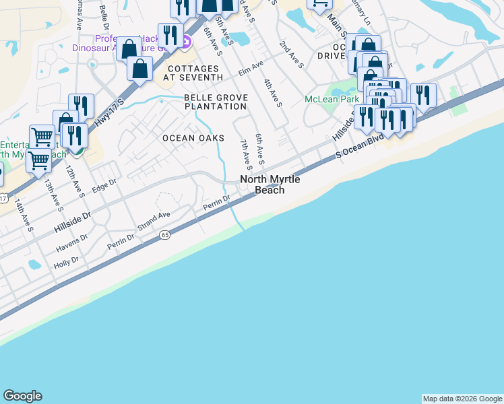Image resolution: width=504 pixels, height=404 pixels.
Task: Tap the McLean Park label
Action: (331, 98)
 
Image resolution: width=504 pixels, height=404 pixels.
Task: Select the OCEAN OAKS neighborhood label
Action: (193, 138)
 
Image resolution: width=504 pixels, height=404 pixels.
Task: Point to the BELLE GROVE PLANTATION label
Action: (216, 102)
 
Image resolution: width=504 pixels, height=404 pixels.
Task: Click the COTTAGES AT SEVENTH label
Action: (193, 73)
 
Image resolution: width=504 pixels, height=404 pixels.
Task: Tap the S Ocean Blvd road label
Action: (360, 144)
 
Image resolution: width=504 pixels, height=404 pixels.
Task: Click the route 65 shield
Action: (165, 235)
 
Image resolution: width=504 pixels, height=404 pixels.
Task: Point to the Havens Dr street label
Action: (72, 243)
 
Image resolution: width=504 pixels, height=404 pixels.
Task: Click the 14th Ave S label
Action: (26, 214)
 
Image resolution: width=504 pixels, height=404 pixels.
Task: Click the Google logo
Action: (22, 396)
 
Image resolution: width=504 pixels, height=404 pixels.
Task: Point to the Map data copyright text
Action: (462, 399)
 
